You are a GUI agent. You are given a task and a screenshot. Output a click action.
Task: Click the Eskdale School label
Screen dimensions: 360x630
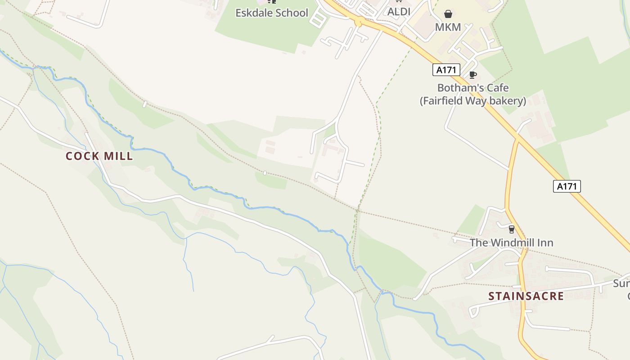click(272, 13)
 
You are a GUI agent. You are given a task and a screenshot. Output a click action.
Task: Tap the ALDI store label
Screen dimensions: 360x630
click(399, 12)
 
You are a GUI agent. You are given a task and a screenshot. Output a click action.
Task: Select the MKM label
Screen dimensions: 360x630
click(448, 27)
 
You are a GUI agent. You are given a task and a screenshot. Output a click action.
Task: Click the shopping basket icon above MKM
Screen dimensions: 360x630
click(448, 14)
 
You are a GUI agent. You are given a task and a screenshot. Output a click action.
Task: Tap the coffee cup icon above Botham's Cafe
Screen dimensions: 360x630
click(472, 75)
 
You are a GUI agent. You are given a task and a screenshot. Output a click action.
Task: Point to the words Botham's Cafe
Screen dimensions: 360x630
click(473, 88)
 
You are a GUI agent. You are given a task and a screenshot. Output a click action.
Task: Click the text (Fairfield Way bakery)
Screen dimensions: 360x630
click(473, 101)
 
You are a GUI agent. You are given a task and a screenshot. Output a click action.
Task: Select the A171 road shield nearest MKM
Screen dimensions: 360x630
click(446, 70)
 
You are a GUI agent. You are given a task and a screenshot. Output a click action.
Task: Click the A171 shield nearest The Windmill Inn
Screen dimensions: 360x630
click(567, 186)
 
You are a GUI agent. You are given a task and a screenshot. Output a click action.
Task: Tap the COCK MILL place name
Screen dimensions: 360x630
click(99, 156)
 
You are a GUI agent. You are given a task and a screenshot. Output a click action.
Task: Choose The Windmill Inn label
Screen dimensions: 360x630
click(512, 243)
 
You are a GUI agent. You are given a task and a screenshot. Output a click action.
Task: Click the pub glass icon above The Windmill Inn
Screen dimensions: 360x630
click(511, 229)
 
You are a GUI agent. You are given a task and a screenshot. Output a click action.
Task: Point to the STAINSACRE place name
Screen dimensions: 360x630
click(526, 296)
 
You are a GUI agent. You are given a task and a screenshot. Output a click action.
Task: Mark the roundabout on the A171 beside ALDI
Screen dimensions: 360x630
click(359, 21)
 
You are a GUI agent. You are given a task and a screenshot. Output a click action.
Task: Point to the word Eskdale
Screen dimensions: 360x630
click(252, 13)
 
